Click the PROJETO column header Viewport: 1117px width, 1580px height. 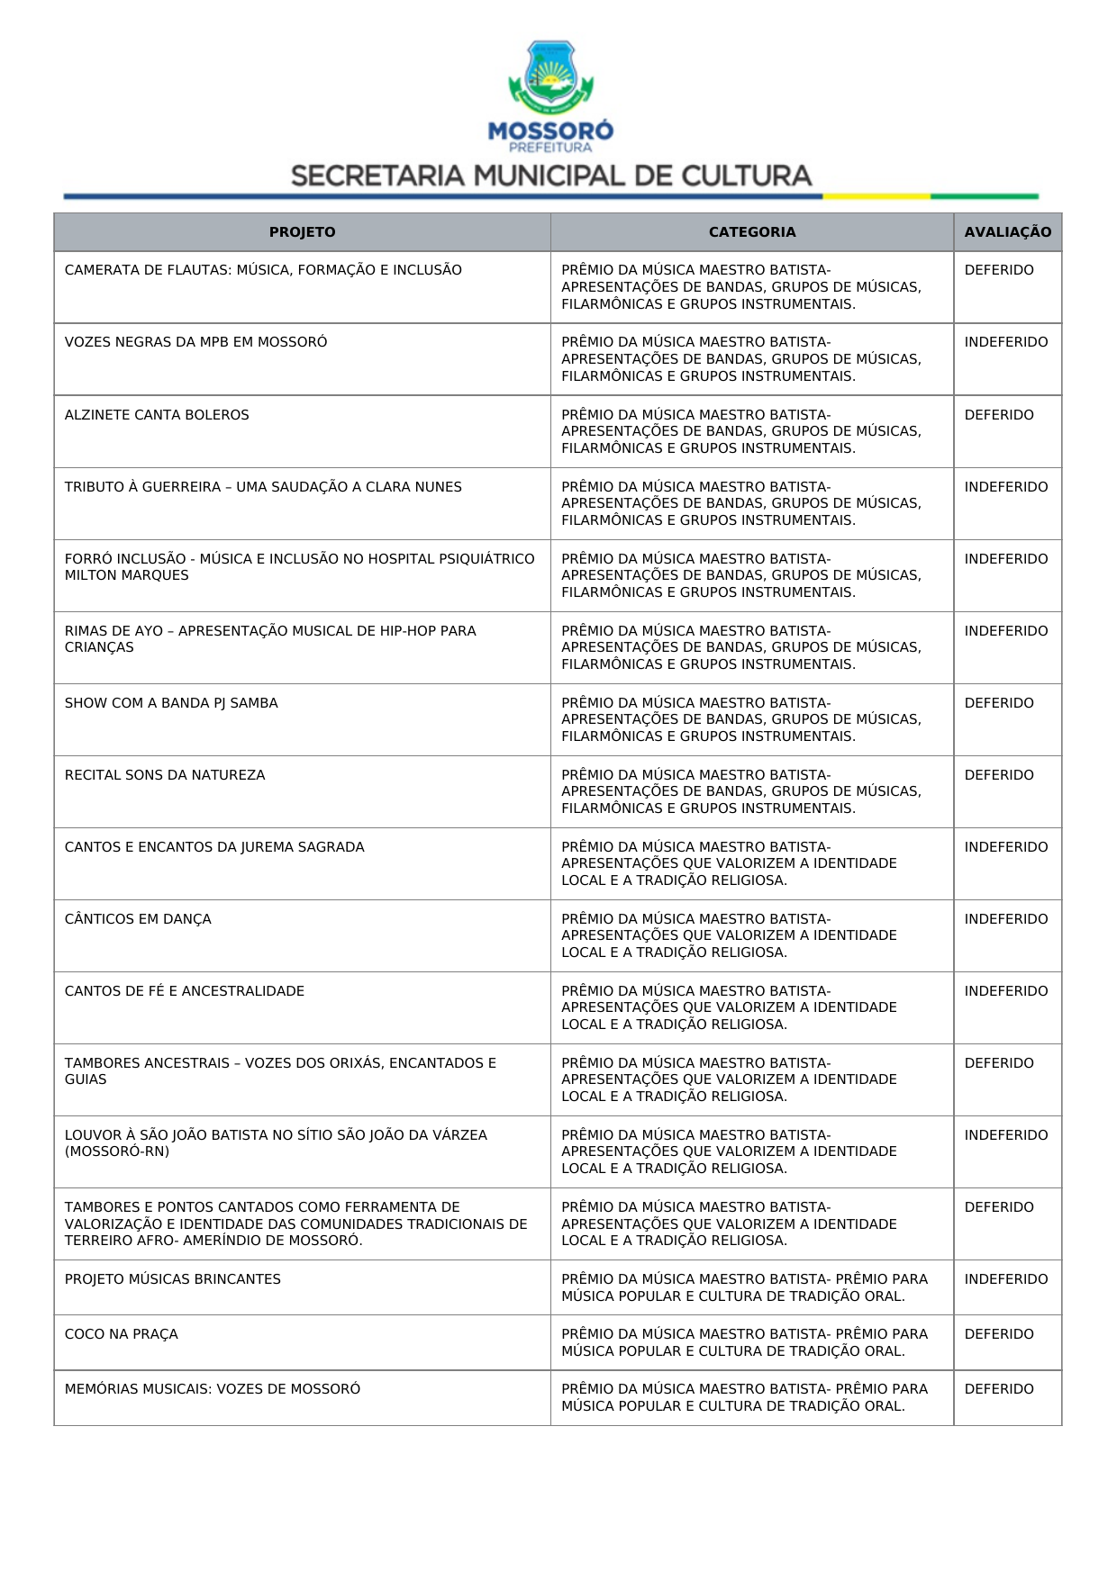click(302, 232)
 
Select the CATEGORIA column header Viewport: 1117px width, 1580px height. click(752, 232)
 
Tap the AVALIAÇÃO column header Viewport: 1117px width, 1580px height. click(1007, 232)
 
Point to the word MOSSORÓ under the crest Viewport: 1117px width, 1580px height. click(550, 131)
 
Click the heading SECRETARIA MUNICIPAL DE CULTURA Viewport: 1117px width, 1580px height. click(551, 176)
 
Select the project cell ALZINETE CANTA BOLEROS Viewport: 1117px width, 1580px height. click(157, 415)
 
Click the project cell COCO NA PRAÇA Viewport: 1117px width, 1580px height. click(122, 1334)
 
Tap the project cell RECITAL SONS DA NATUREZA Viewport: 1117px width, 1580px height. click(165, 775)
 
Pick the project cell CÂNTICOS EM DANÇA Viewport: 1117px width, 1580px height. click(138, 919)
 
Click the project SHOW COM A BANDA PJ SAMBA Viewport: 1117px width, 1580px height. click(171, 703)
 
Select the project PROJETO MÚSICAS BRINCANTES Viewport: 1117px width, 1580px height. click(173, 1279)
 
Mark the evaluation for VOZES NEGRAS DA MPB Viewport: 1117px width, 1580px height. click(1006, 342)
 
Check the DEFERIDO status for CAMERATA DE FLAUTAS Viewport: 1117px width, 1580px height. click(999, 270)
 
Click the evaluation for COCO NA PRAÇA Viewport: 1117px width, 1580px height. click(999, 1334)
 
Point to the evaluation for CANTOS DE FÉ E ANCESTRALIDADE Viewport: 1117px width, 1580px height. click(1006, 991)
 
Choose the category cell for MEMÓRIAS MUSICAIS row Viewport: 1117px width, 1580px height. click(744, 1397)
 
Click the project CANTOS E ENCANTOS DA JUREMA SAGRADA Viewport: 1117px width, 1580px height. click(214, 847)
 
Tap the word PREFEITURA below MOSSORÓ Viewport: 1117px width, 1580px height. click(550, 148)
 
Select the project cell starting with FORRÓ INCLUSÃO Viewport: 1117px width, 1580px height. click(299, 567)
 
